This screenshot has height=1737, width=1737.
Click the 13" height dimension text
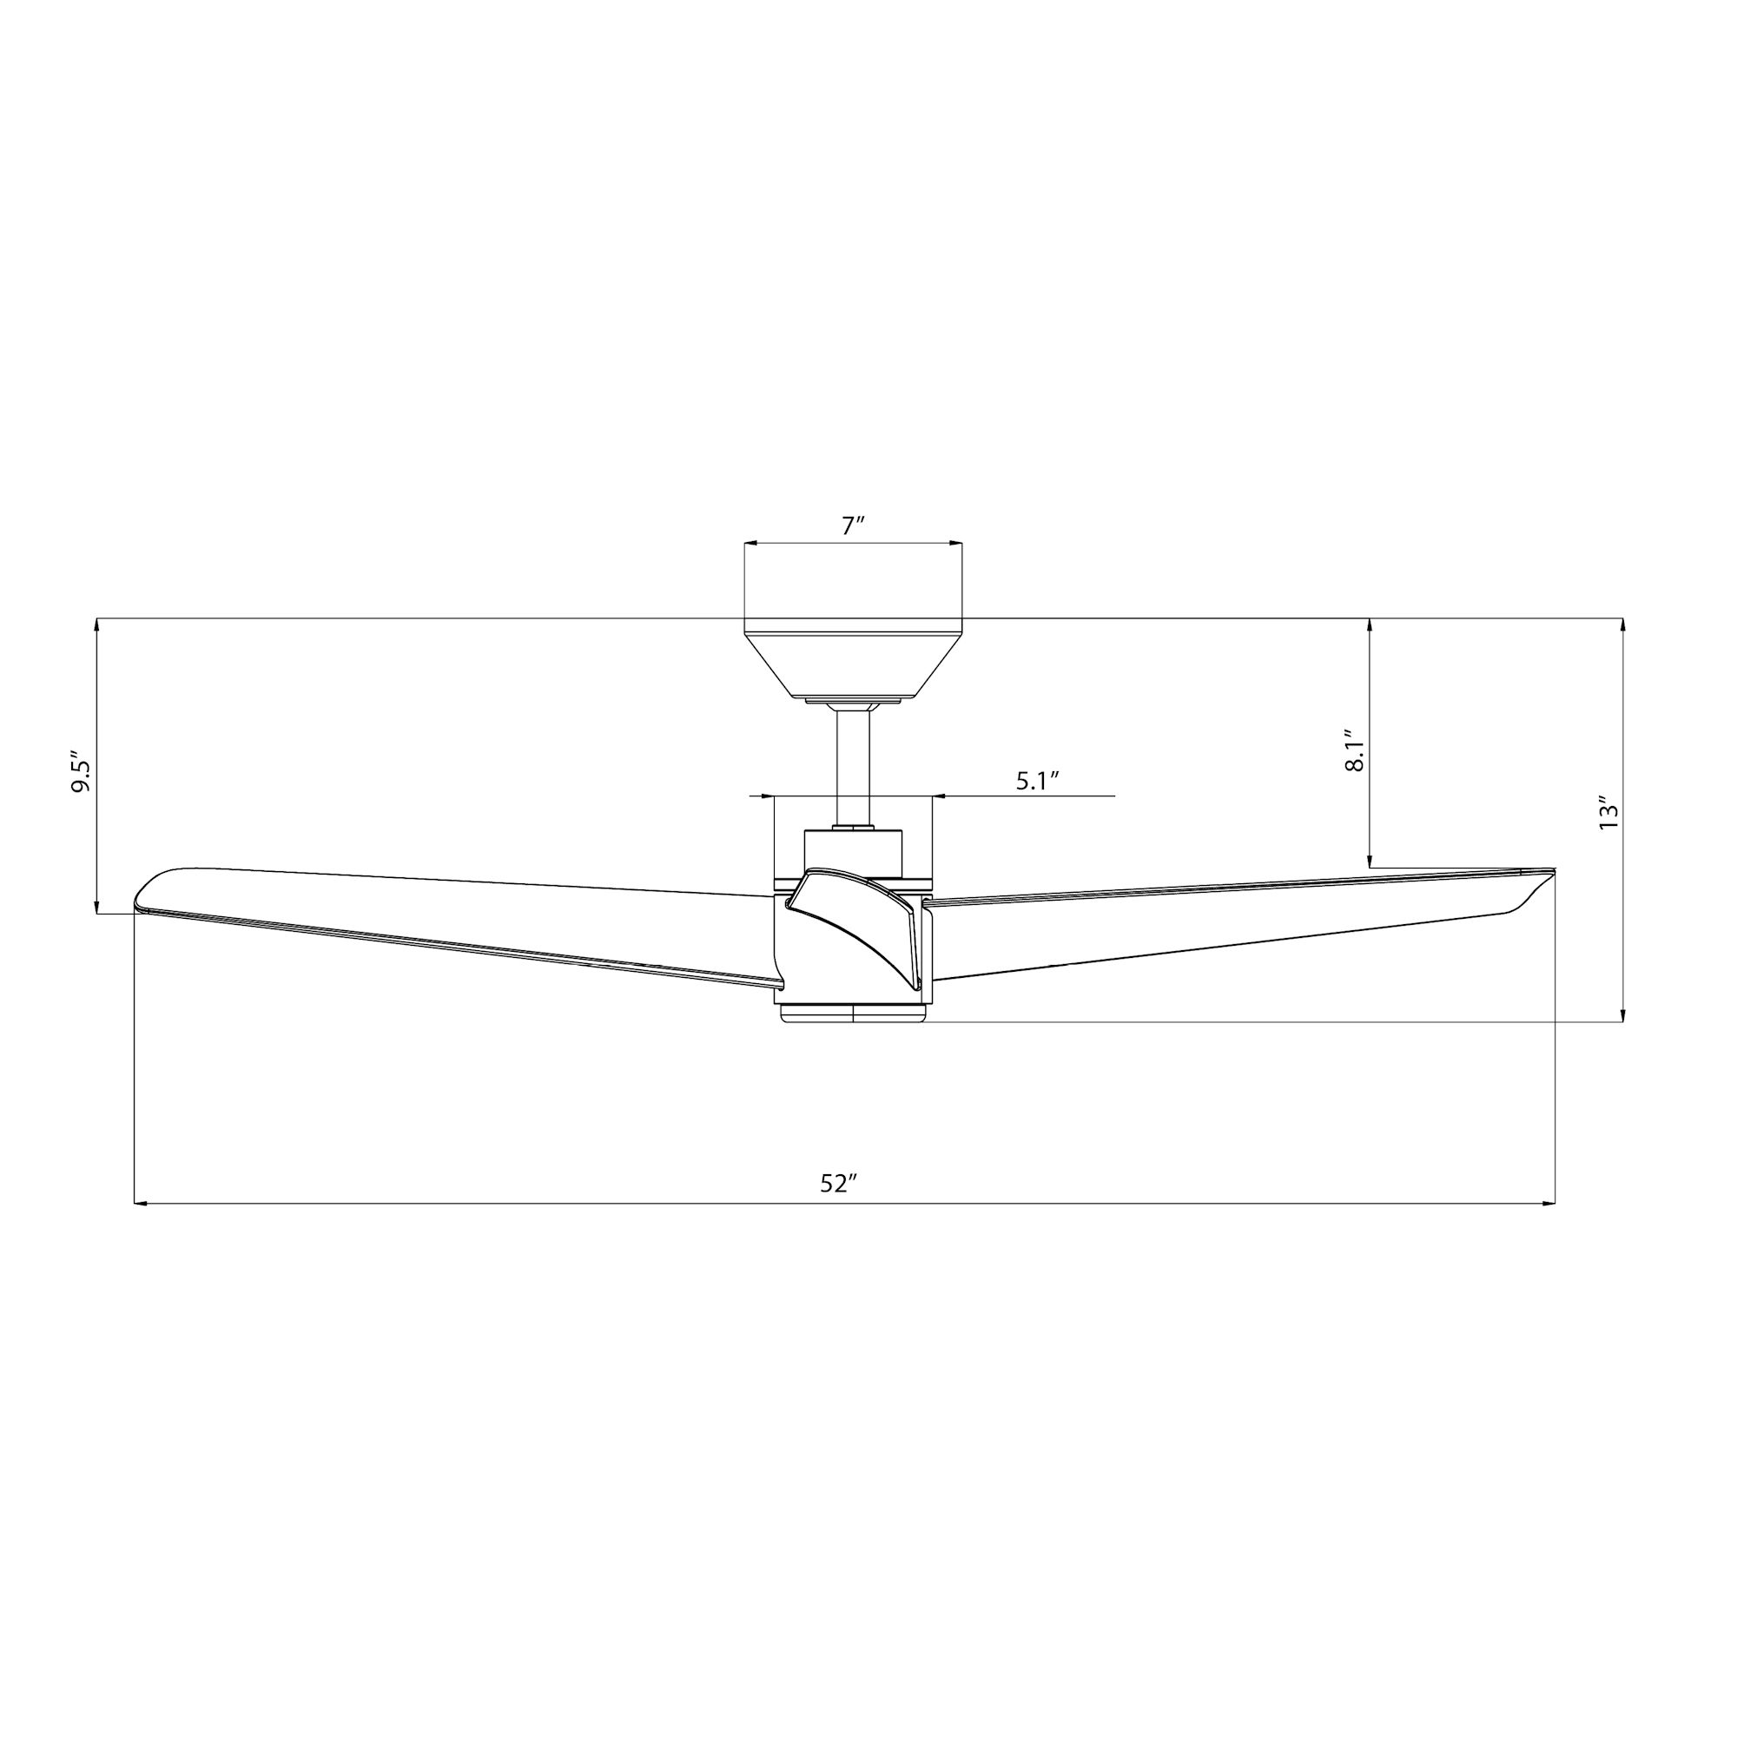pos(1608,812)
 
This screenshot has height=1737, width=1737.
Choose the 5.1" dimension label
pos(1040,781)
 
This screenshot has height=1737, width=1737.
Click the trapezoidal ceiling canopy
pos(852,662)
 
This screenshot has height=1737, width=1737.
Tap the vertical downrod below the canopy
pos(853,764)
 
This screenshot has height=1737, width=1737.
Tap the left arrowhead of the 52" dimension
pos(139,1203)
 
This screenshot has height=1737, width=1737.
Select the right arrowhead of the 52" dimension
pos(1549,1203)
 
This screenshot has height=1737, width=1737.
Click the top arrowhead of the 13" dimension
pos(1623,623)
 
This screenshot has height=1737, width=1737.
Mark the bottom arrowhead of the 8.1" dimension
pos(1369,862)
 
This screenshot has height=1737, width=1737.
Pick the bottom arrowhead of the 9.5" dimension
pos(96,908)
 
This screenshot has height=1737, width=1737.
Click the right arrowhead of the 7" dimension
pos(956,544)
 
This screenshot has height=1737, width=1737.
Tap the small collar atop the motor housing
pos(853,828)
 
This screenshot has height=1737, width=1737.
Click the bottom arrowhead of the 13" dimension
pos(1623,1017)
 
